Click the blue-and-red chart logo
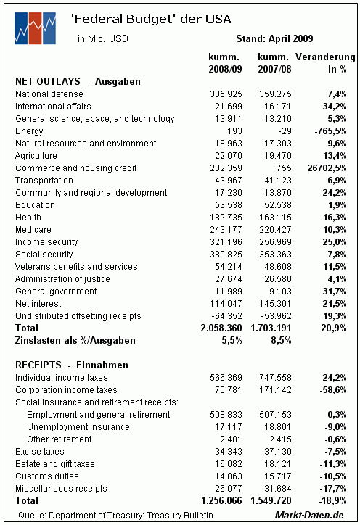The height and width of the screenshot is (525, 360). [35, 28]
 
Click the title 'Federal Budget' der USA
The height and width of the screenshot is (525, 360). [151, 19]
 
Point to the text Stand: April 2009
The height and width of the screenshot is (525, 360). [274, 38]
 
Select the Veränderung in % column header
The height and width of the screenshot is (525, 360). [325, 62]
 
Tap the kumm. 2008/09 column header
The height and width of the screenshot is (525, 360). [225, 62]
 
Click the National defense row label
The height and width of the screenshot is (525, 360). [49, 94]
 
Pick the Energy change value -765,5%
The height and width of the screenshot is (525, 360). [330, 131]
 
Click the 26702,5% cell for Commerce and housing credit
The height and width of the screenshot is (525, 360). [327, 168]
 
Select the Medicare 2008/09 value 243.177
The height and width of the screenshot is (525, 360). [226, 230]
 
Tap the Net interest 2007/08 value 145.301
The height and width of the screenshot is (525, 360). [275, 304]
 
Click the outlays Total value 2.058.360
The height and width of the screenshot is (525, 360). [221, 328]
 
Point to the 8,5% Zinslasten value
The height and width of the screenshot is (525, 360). [281, 341]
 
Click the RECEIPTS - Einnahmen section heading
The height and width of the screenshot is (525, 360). [72, 365]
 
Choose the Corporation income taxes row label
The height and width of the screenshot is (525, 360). [66, 389]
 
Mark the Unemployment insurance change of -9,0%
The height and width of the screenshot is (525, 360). [335, 427]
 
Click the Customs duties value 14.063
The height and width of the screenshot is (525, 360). [229, 476]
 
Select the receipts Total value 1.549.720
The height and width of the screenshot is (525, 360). [271, 500]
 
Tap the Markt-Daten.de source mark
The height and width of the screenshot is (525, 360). [309, 515]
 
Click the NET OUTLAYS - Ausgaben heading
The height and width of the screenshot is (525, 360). [78, 81]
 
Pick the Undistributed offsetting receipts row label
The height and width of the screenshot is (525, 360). [78, 316]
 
